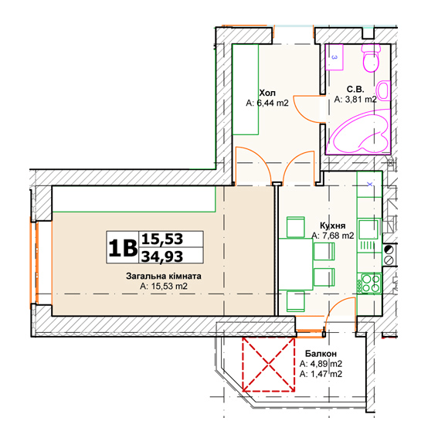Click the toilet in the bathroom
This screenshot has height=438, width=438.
[x=372, y=58]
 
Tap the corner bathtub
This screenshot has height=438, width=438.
[x=359, y=132]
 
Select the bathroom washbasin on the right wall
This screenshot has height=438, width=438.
[x=383, y=90]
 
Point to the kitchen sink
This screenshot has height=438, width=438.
[x=368, y=229]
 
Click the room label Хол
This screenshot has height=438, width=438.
[x=267, y=93]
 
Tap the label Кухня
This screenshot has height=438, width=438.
[x=332, y=226]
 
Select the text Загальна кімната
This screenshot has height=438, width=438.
[x=164, y=276]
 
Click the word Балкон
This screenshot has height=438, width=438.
[x=321, y=354]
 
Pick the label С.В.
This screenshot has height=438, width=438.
[x=355, y=89]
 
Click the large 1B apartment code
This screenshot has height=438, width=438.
[x=123, y=248]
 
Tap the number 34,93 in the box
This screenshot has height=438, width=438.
[x=162, y=256]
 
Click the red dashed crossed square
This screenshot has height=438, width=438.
[x=268, y=365]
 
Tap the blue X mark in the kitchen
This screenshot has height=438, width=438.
[x=369, y=184]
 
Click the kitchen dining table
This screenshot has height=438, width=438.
[x=296, y=264]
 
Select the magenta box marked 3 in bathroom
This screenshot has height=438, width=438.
[x=334, y=57]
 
